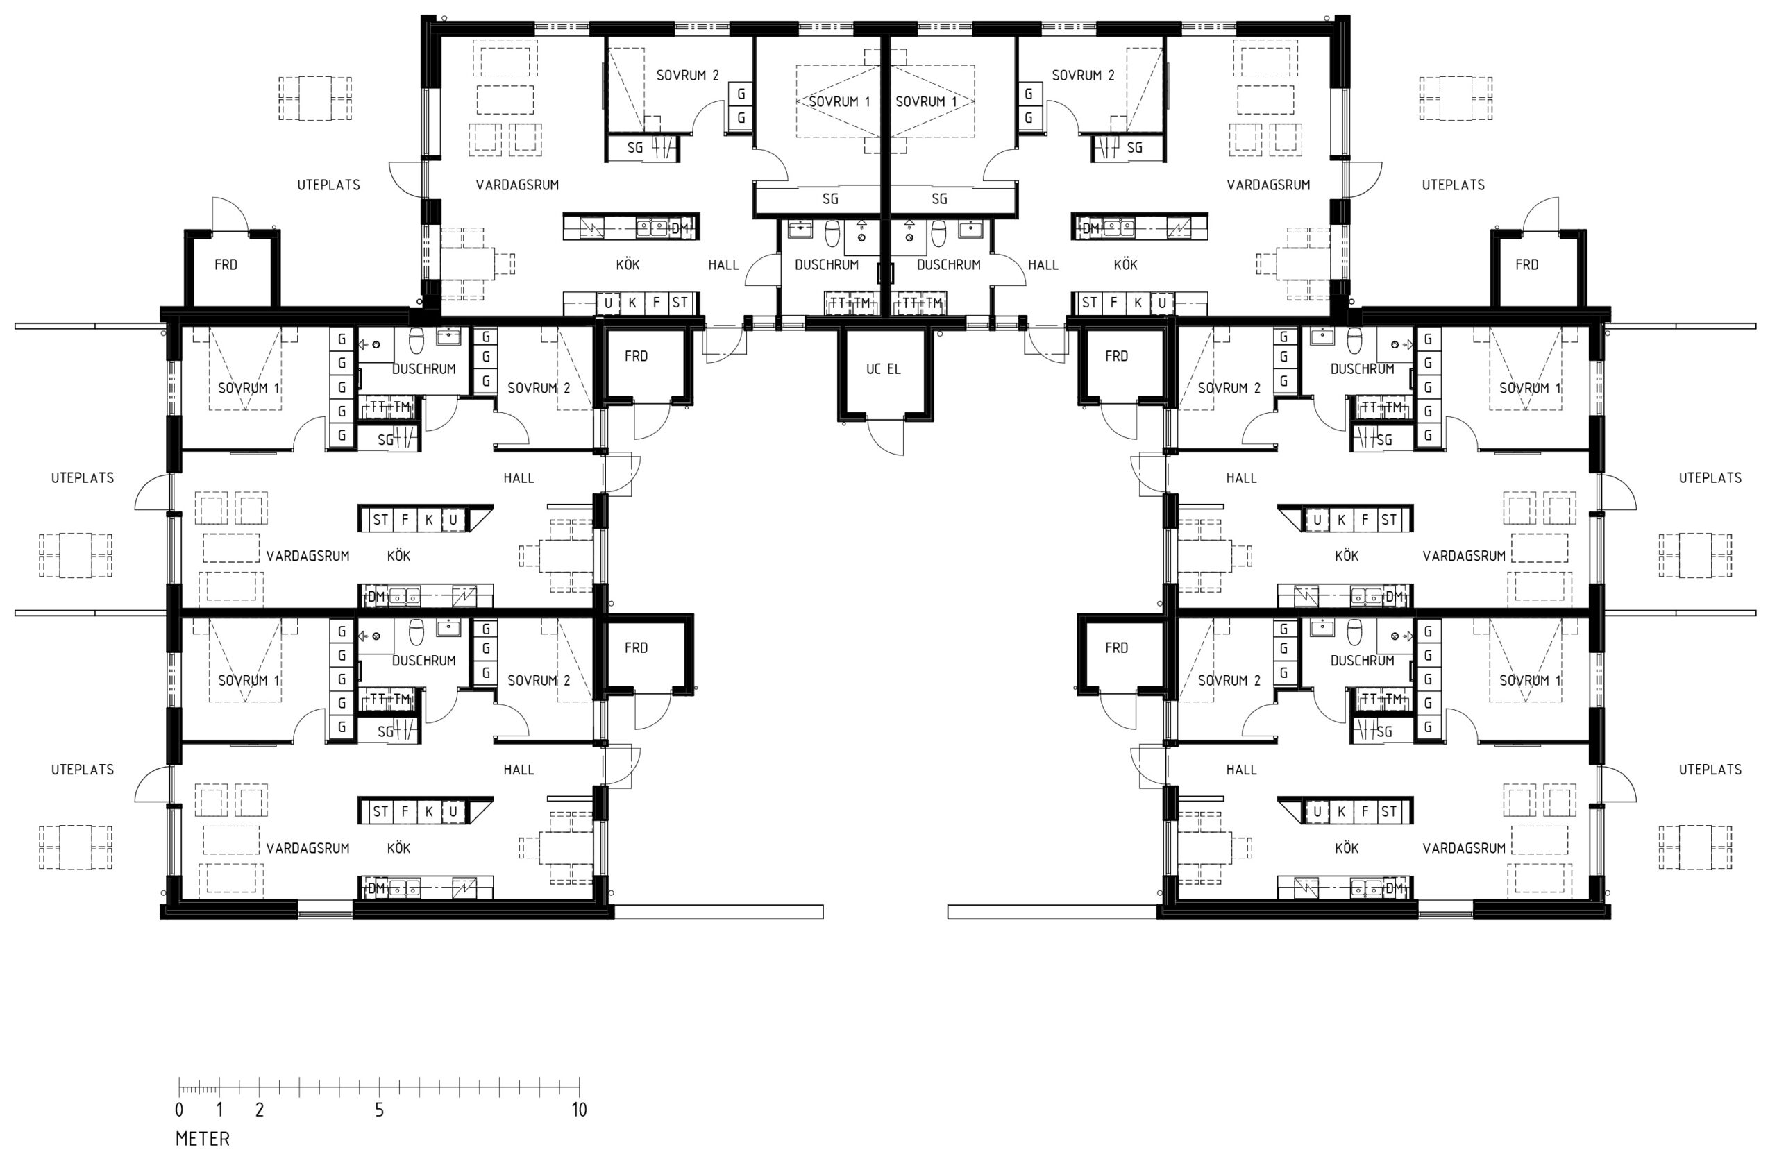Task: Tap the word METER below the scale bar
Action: click(x=202, y=1139)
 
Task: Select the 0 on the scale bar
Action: click(x=179, y=1110)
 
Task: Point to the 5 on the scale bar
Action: click(x=379, y=1110)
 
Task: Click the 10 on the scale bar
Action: click(x=580, y=1110)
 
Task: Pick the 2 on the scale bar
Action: click(x=259, y=1110)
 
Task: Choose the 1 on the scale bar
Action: click(x=219, y=1110)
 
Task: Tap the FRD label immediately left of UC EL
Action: click(x=636, y=356)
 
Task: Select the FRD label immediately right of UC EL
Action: click(x=1116, y=356)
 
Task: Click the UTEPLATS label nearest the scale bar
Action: click(x=82, y=769)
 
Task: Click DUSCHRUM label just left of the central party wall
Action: click(x=827, y=264)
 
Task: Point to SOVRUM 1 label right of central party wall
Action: click(x=926, y=101)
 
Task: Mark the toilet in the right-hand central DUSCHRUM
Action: click(x=938, y=233)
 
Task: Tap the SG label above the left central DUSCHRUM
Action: click(x=830, y=198)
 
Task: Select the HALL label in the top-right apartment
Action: click(x=1043, y=264)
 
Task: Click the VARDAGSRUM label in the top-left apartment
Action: click(x=517, y=185)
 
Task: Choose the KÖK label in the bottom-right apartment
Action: click(x=1346, y=847)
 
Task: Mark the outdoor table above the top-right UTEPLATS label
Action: click(x=1455, y=98)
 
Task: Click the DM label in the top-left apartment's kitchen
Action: click(x=680, y=228)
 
